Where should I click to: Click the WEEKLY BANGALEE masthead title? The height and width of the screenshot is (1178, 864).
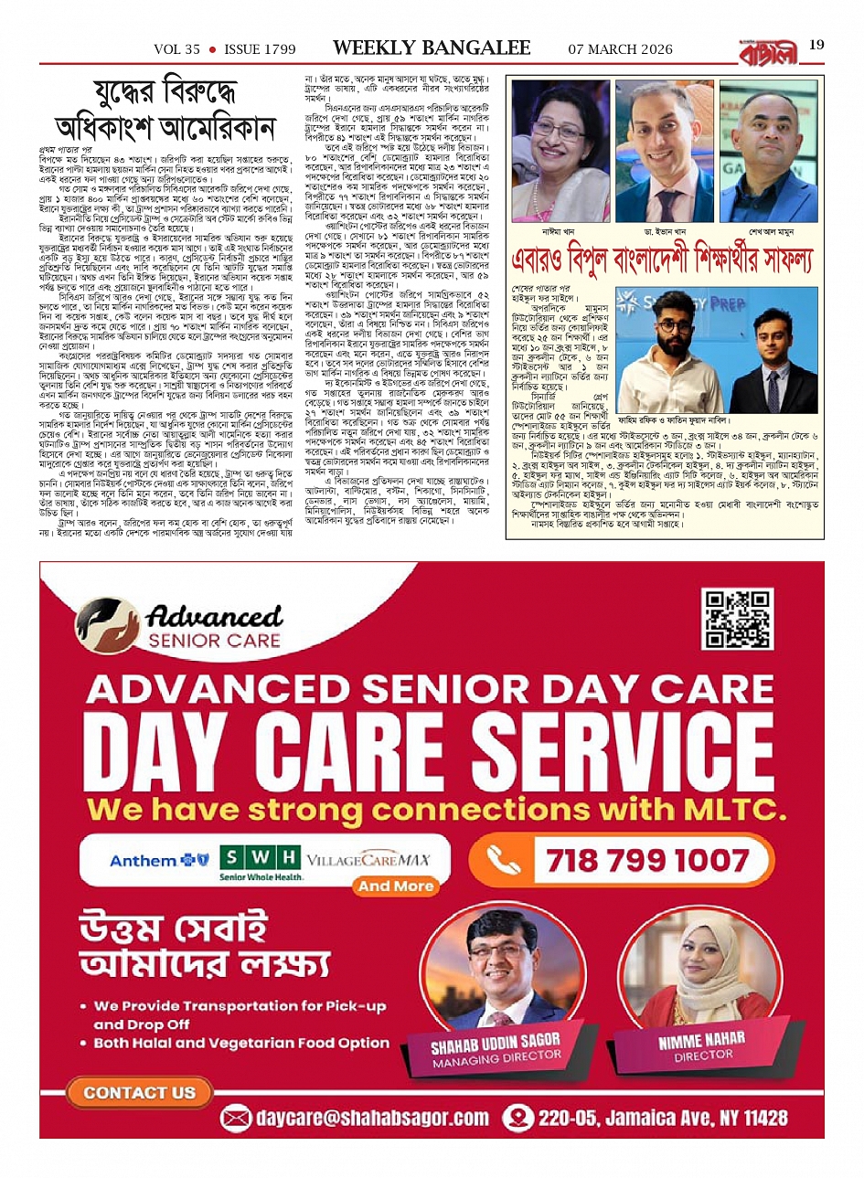point(432,48)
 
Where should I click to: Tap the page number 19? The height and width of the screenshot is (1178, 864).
point(816,45)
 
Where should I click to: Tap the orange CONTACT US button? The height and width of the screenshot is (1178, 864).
point(139,1092)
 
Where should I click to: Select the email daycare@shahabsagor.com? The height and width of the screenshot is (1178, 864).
point(358,1118)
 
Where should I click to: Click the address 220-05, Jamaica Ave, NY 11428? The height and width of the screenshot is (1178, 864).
point(656,1118)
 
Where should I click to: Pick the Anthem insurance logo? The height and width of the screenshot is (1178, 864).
point(154,860)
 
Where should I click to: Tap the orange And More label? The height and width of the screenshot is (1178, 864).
point(396,886)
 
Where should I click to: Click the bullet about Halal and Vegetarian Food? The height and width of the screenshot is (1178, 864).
point(241,1043)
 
